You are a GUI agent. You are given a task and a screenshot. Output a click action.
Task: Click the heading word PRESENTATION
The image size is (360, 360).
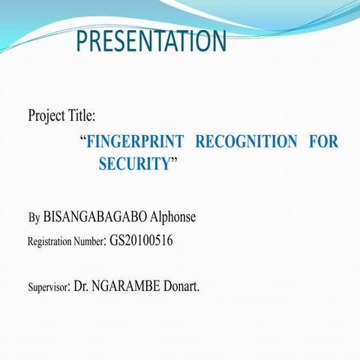pyautogui.click(x=151, y=41)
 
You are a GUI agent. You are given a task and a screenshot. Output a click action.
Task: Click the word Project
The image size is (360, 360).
pyautogui.click(x=48, y=116)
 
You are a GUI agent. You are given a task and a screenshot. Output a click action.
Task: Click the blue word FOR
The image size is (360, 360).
pyautogui.click(x=323, y=142)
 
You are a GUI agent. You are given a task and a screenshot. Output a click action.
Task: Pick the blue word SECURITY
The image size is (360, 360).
pyautogui.click(x=134, y=164)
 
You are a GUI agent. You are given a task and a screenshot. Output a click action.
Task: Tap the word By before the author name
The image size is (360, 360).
pyautogui.click(x=34, y=218)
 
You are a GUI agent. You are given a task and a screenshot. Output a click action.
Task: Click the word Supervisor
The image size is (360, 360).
pyautogui.click(x=49, y=287)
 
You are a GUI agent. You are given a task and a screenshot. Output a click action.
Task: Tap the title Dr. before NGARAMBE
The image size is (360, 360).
pyautogui.click(x=81, y=286)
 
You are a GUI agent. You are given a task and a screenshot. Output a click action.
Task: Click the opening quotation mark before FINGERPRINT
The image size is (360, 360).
pyautogui.click(x=82, y=139)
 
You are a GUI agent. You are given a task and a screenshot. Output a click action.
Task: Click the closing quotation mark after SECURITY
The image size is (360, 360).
pyautogui.click(x=174, y=161)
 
